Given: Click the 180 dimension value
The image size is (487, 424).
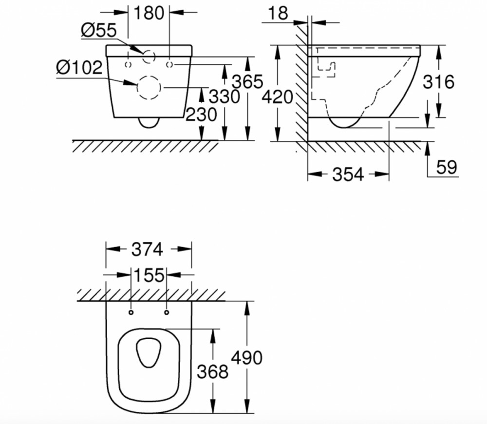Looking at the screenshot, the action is [x=149, y=13].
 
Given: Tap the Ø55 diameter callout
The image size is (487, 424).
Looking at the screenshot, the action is [x=99, y=31].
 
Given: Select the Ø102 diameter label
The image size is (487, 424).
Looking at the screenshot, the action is [x=79, y=67].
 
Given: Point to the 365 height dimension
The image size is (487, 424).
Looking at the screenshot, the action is [x=247, y=82].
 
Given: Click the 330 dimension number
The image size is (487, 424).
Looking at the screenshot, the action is [x=224, y=96].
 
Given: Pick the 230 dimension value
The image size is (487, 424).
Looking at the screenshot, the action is [x=201, y=115].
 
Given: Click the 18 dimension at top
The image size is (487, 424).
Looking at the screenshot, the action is [x=278, y=13].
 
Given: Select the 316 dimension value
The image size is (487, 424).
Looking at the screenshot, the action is [x=439, y=82].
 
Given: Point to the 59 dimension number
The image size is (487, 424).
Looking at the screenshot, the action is [x=447, y=167].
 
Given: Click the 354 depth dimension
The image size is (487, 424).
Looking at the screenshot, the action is [x=348, y=174].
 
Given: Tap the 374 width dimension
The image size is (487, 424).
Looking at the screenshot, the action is [x=147, y=250].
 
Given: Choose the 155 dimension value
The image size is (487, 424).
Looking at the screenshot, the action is [x=149, y=275].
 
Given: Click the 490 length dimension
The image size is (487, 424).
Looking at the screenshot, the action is [x=247, y=358].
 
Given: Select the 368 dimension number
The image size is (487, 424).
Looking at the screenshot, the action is [x=213, y=371].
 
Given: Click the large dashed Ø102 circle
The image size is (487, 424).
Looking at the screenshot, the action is [x=137, y=87].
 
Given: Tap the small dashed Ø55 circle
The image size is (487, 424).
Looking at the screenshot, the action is [x=149, y=51].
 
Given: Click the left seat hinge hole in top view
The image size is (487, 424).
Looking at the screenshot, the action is [x=131, y=312].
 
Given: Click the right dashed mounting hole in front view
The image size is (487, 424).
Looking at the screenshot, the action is [x=169, y=64].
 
